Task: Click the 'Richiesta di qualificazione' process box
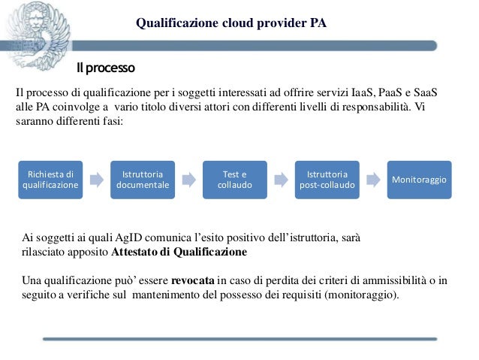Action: [50, 180]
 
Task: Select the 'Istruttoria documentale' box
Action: [143, 180]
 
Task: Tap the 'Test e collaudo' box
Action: [234, 180]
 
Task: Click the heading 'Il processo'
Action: [105, 70]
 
